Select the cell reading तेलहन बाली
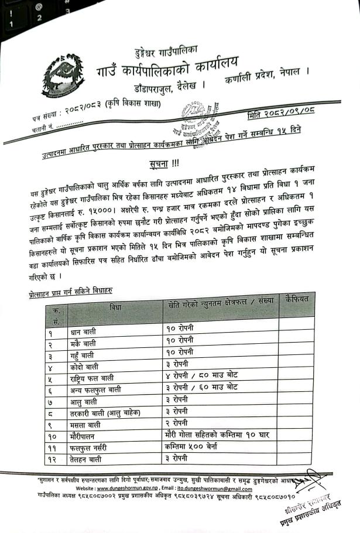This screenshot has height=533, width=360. [x=90, y=459]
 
